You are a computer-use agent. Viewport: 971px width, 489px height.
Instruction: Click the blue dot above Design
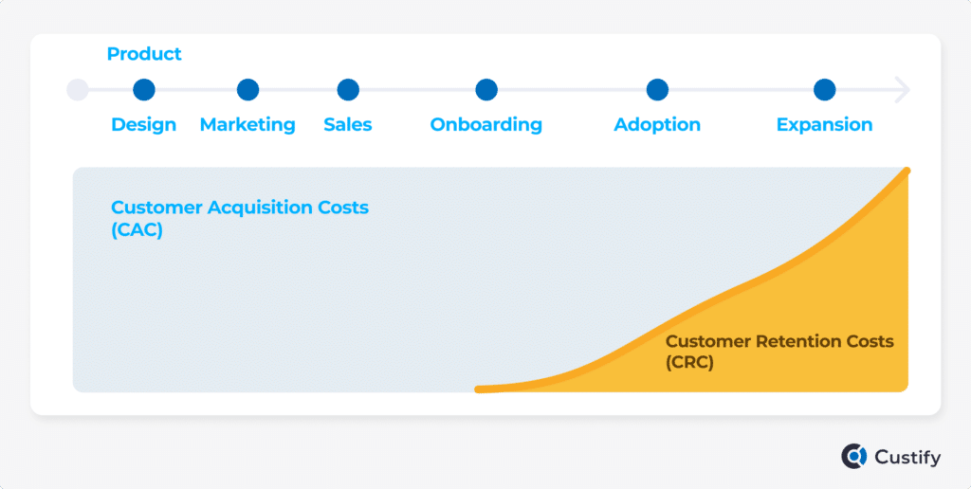144,90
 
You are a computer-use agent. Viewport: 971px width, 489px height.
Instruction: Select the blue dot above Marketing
247,90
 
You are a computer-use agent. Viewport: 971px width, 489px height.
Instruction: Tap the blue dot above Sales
348,90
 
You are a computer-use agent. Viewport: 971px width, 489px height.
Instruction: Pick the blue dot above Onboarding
486,90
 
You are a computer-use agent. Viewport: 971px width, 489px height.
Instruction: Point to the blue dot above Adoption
657,90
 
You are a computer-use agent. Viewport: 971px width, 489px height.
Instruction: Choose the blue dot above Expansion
824,90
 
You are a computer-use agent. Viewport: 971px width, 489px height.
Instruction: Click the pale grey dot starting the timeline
78,90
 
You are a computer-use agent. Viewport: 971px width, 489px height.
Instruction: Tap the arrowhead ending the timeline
903,90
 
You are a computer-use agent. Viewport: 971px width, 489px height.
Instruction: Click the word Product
144,54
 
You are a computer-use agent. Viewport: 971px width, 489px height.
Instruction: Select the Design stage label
144,124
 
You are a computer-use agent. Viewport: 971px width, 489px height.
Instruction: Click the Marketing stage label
247,124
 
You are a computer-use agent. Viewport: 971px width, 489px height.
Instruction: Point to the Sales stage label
348,124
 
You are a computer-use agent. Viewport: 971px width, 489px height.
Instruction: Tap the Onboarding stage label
486,124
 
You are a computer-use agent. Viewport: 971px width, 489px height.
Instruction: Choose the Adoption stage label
657,124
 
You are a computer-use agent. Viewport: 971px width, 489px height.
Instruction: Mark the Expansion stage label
824,124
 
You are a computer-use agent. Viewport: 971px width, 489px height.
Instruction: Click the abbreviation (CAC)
137,230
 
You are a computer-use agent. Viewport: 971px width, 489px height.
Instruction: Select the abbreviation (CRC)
690,363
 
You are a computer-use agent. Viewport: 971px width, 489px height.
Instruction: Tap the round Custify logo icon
854,457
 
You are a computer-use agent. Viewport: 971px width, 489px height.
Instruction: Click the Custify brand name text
907,458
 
